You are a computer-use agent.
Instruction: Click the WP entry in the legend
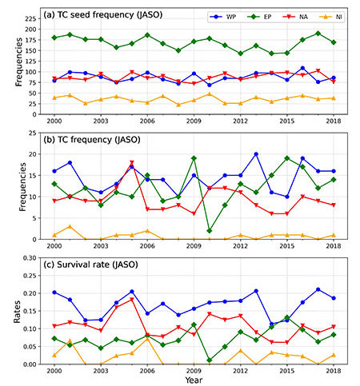[222, 17]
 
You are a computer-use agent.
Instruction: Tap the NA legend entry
[295, 17]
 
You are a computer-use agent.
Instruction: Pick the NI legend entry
[330, 17]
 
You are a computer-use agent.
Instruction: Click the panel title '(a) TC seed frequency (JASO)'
[103, 14]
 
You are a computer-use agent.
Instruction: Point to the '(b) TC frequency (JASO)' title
[92, 140]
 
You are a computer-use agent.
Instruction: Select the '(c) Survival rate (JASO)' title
[90, 265]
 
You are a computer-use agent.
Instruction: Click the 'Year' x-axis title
[194, 380]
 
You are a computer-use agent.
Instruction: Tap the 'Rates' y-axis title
[17, 312]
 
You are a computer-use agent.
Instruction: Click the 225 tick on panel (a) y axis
[31, 18]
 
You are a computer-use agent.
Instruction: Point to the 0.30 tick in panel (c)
[30, 258]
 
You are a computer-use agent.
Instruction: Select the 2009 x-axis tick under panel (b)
[194, 246]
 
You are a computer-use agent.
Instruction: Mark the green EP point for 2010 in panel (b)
[210, 231]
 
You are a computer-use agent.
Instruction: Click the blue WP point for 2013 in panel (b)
[256, 154]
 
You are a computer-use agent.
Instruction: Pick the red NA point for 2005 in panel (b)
[131, 162]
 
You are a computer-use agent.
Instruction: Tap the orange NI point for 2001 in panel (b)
[70, 226]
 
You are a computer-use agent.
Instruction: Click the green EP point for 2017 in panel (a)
[318, 34]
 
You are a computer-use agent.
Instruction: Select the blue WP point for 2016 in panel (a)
[302, 68]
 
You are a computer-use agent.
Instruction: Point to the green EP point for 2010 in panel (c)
[210, 360]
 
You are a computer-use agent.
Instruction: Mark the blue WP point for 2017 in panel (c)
[318, 289]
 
